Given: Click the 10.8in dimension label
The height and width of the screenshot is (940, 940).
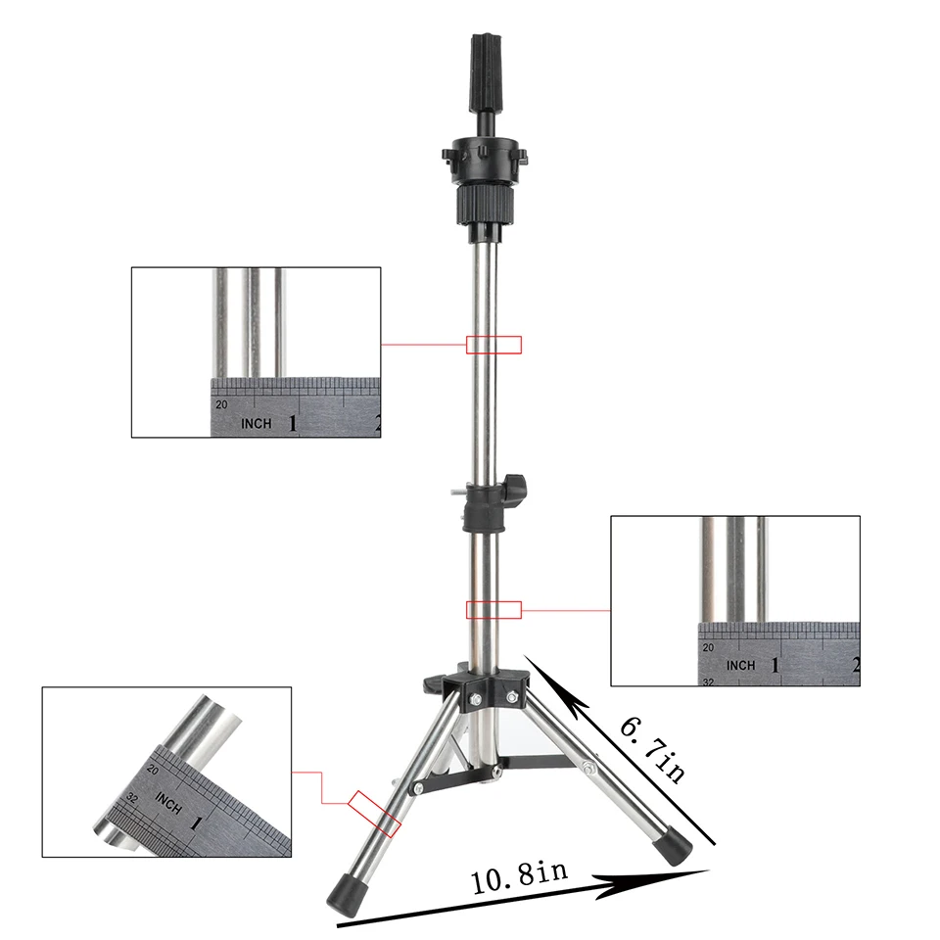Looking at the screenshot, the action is pyautogui.click(x=519, y=876).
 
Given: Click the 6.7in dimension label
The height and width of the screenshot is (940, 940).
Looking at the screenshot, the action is pyautogui.click(x=653, y=750).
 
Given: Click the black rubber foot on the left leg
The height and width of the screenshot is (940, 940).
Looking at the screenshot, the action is pyautogui.click(x=345, y=893).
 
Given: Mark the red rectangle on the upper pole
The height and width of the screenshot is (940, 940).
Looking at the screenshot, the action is pyautogui.click(x=493, y=345).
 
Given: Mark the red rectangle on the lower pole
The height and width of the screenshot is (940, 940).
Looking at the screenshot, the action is pyautogui.click(x=493, y=610).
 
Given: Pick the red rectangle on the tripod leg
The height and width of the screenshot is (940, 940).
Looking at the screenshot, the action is pyautogui.click(x=375, y=814).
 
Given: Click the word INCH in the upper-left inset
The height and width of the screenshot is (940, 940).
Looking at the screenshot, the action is pyautogui.click(x=256, y=423).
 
